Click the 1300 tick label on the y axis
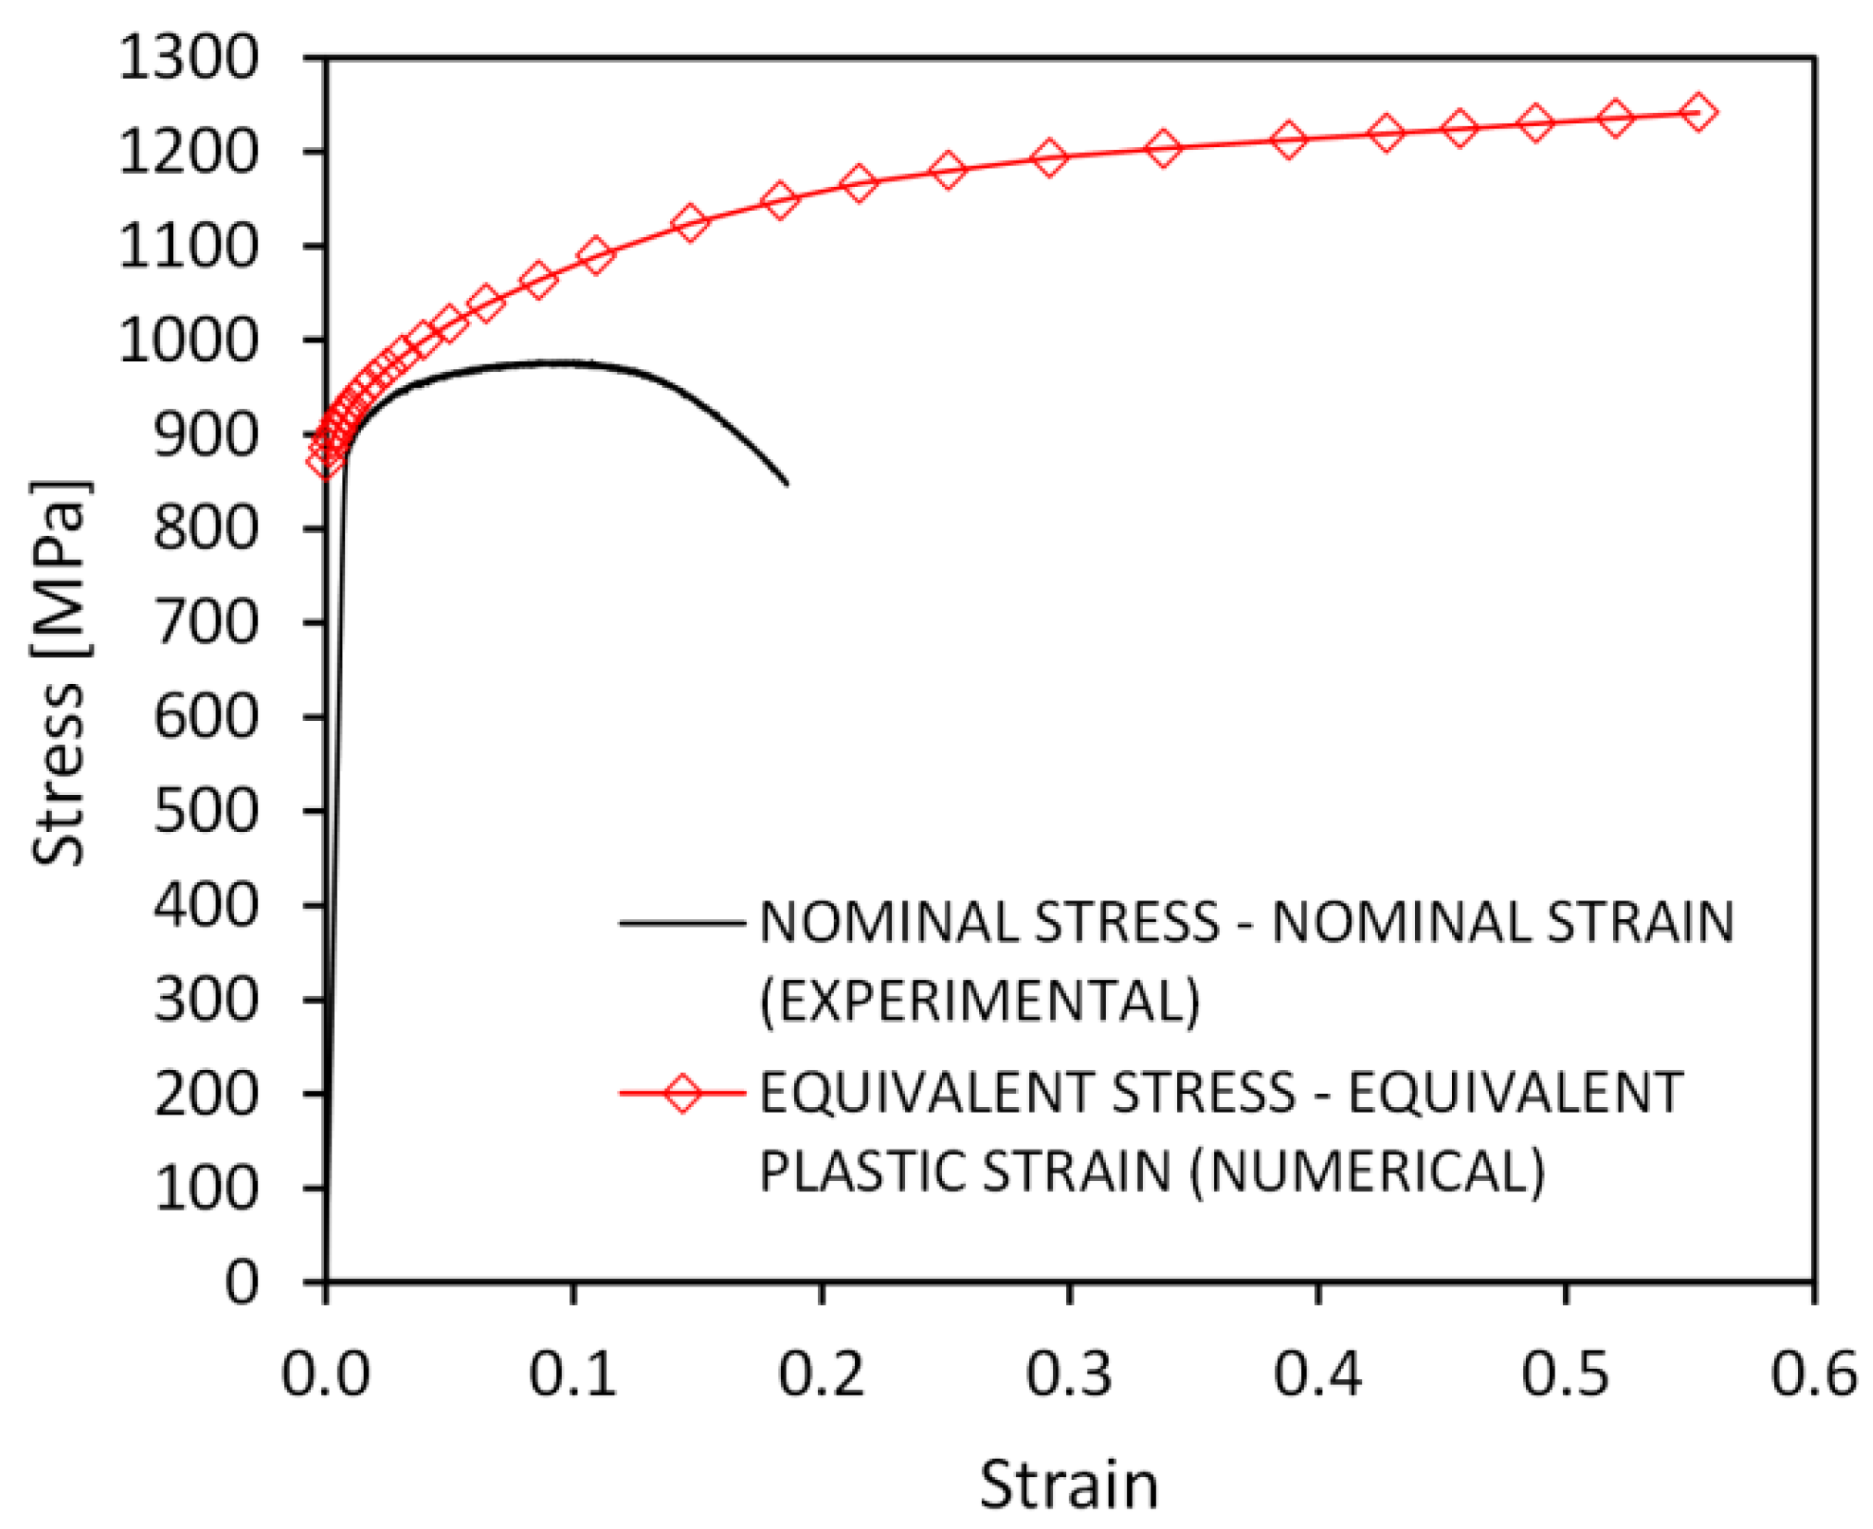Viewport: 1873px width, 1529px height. coord(189,58)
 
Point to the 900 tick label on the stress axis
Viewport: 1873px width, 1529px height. coord(205,435)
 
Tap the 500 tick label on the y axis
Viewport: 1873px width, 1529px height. coord(205,812)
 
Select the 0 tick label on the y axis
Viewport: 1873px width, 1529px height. coord(242,1283)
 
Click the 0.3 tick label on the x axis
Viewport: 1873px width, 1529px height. coord(1069,1373)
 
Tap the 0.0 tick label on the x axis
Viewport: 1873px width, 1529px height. coord(326,1373)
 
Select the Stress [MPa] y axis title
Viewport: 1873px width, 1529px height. coord(59,673)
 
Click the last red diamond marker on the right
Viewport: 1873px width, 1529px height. coord(1698,113)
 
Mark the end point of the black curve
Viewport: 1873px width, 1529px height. coord(787,483)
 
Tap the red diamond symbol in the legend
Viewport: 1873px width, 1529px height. coord(683,1093)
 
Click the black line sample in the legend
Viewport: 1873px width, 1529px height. coord(683,923)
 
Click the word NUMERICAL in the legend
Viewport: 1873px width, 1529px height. coord(1368,1172)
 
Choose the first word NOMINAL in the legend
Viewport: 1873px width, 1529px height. coord(888,923)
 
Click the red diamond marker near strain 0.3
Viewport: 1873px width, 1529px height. coord(1048,157)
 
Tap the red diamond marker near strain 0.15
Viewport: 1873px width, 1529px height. coord(690,222)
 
